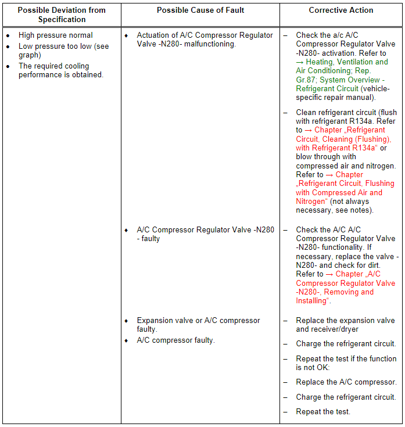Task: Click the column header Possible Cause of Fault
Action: tap(200, 10)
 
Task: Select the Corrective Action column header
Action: tap(341, 10)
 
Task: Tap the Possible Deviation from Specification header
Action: tap(62, 15)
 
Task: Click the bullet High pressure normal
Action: tap(56, 35)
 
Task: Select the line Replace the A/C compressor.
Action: tap(346, 382)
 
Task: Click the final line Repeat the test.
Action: tap(323, 412)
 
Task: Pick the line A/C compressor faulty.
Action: tap(175, 340)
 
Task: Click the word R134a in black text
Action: tap(364, 121)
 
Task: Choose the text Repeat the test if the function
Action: tap(346, 359)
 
